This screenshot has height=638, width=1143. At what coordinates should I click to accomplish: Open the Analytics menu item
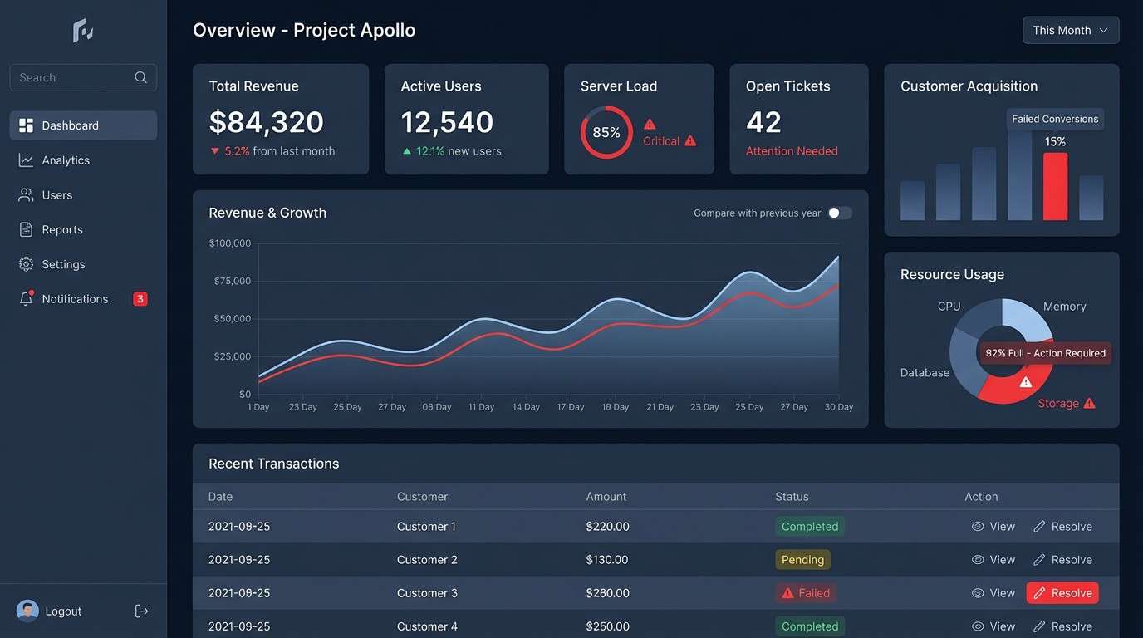point(65,160)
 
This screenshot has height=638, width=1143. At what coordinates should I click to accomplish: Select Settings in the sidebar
point(63,264)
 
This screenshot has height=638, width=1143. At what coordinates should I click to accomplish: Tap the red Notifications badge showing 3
point(140,299)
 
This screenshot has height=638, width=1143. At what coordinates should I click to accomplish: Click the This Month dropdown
point(1070,30)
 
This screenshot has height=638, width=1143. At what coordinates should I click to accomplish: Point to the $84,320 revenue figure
point(266,122)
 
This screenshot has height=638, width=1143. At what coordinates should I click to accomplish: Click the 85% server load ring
point(606,132)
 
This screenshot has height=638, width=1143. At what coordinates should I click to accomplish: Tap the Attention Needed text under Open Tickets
point(791,151)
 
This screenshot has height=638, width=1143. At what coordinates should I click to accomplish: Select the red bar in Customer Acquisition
point(1055,186)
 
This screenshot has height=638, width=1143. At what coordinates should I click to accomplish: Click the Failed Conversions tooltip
point(1055,119)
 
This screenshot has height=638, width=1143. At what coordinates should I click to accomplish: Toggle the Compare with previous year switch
point(839,213)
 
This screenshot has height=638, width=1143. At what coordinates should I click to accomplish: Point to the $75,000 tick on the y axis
point(232,281)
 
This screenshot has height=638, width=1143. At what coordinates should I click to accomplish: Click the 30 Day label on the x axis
point(838,407)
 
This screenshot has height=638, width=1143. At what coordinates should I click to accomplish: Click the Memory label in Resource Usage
point(1064,307)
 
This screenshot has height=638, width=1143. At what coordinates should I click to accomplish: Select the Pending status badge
point(802,560)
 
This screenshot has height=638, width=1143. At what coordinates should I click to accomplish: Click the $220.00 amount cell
point(607,527)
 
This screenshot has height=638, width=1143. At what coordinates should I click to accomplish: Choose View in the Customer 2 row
point(993,560)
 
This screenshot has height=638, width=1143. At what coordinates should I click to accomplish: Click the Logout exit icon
point(142,611)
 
